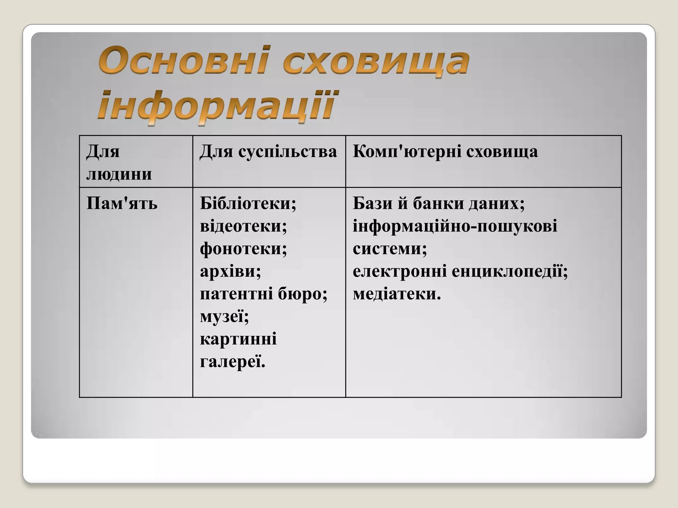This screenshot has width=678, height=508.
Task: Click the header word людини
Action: tap(119, 174)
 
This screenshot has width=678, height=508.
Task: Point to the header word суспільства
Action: tap(287, 152)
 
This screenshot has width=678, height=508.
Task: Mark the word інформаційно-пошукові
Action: tap(455, 227)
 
